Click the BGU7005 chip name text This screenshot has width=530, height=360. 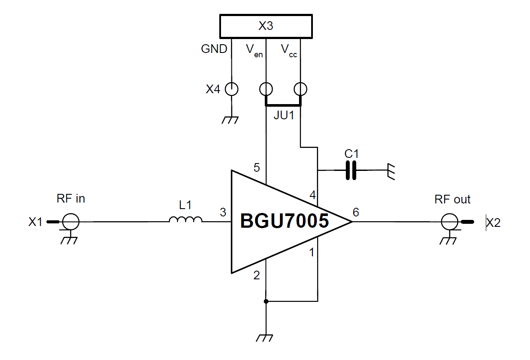coord(284,221)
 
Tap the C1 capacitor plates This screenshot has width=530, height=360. coord(351,170)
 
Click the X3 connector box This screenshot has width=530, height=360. coord(266,26)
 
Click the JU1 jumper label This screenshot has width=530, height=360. coord(284,116)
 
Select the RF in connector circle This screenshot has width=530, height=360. coord(71,222)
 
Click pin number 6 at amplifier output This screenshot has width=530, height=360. coord(356,212)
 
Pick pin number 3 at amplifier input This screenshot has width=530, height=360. coord(223,213)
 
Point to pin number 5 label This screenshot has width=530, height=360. coord(257,167)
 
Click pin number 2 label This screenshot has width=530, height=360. coord(257,275)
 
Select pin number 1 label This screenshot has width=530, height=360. coord(311,252)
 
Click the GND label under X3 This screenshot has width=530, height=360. coord(214,49)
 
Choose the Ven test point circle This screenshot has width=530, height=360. coord(266,89)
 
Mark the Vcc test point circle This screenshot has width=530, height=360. coord(300,89)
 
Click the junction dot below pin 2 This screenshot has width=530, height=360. coord(266,301)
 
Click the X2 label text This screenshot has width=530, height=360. coord(493,223)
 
